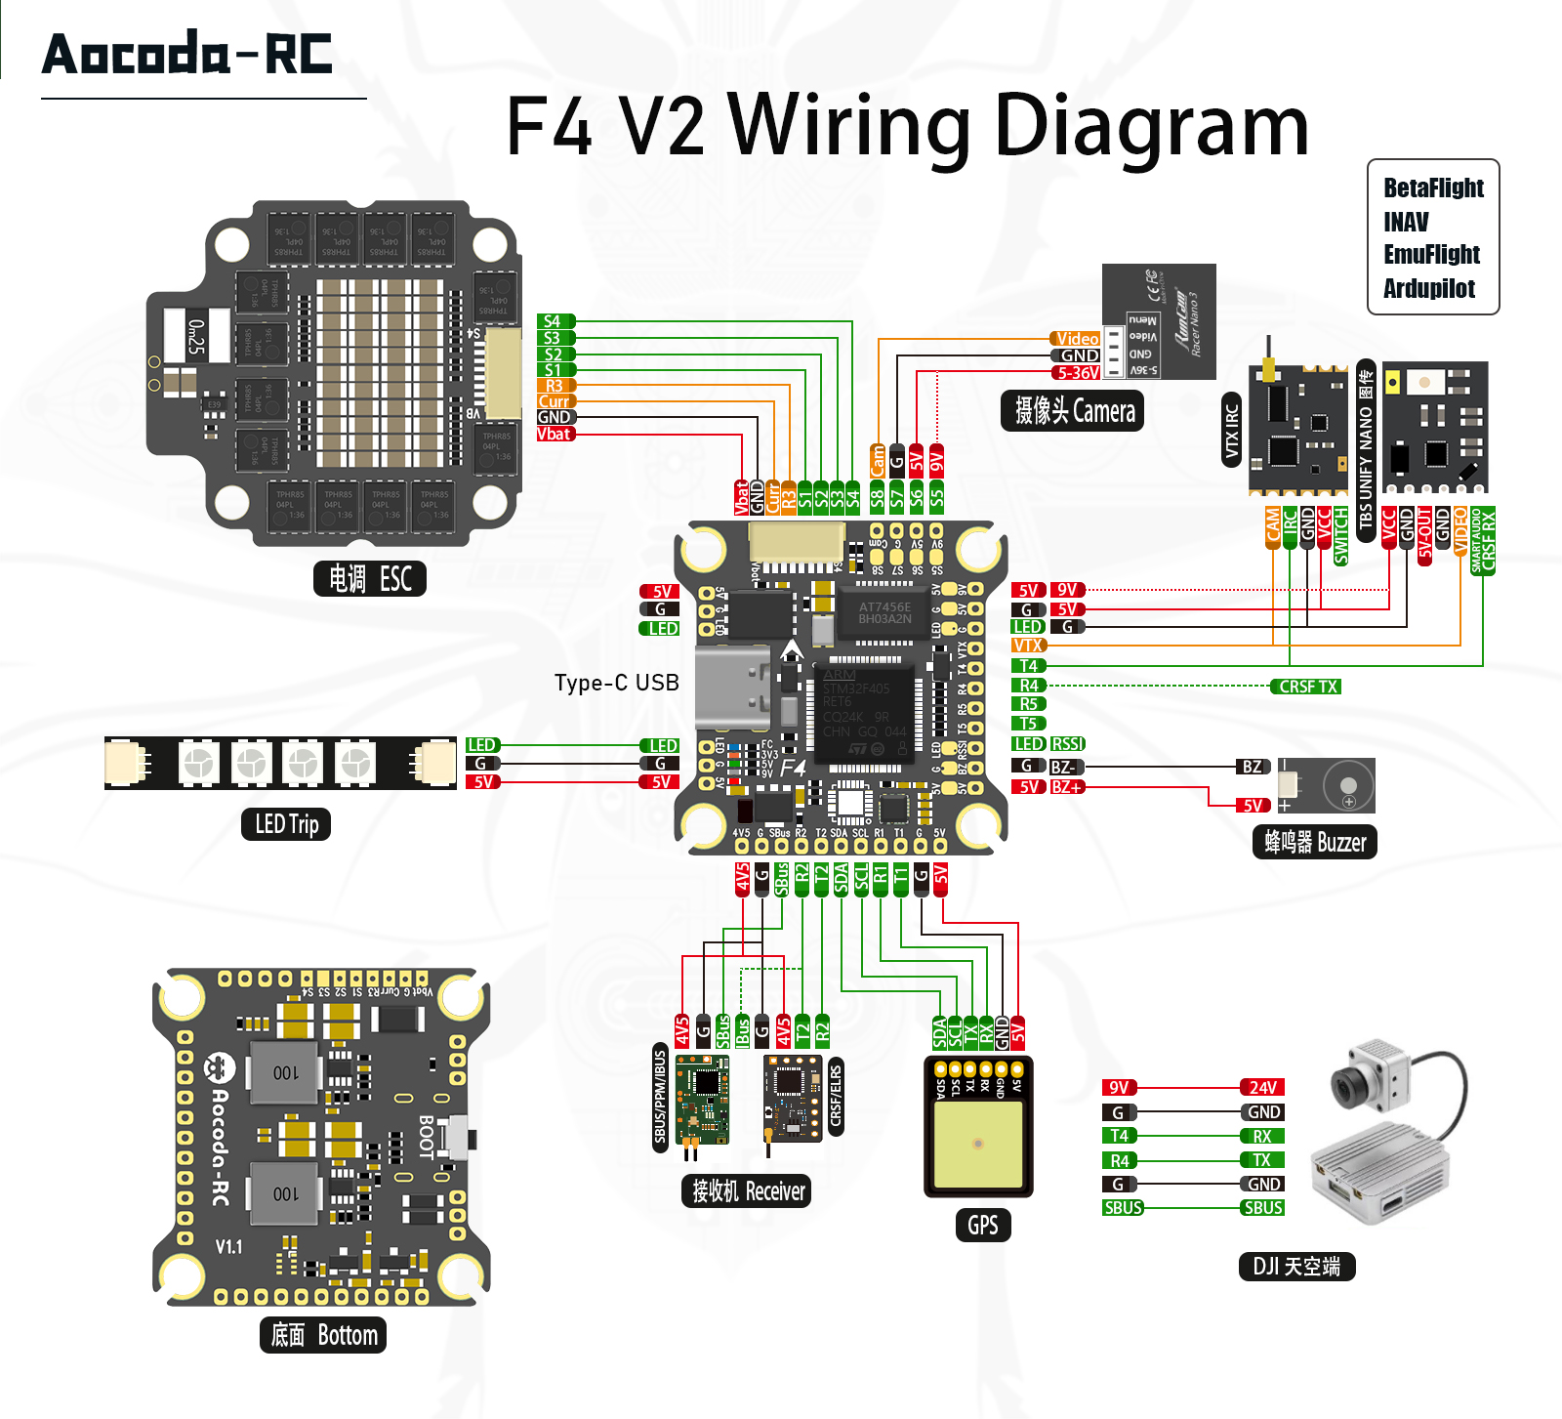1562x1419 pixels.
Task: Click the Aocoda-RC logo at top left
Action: pyautogui.click(x=187, y=54)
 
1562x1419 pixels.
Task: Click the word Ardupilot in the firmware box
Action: pyautogui.click(x=1428, y=288)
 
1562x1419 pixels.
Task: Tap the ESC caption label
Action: pyautogui.click(x=369, y=579)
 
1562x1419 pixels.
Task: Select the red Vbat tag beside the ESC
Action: pyautogui.click(x=555, y=434)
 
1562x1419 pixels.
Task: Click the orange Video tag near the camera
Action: pyautogui.click(x=1076, y=339)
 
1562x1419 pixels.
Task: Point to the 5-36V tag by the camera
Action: pyautogui.click(x=1077, y=372)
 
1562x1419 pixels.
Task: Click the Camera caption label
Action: pyautogui.click(x=1073, y=411)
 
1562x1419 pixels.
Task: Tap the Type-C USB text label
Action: pyautogui.click(x=616, y=683)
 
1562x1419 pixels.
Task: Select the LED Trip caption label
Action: pyautogui.click(x=286, y=824)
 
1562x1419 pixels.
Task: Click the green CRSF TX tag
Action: pyautogui.click(x=1306, y=687)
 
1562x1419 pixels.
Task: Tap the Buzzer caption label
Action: pyautogui.click(x=1314, y=842)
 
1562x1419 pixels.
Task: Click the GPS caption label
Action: pyautogui.click(x=982, y=1225)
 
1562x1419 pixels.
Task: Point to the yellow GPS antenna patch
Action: pyautogui.click(x=978, y=1143)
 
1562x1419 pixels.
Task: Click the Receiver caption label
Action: pyautogui.click(x=747, y=1191)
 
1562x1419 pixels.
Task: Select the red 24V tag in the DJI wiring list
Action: pyautogui.click(x=1261, y=1087)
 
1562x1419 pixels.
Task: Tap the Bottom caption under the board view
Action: pyautogui.click(x=323, y=1335)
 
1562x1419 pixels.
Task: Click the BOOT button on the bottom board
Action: pyautogui.click(x=457, y=1138)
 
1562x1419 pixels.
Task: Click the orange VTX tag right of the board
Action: pyautogui.click(x=1028, y=646)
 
